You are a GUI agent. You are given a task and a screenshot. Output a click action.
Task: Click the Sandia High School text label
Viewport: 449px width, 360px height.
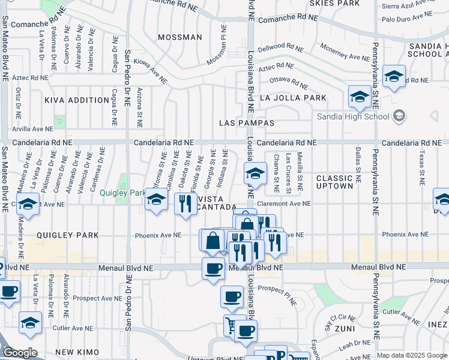point(353,116)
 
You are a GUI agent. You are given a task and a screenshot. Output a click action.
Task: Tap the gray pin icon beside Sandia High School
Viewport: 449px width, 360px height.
point(400,116)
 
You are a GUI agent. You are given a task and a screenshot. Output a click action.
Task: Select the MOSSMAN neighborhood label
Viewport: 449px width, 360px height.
point(180,37)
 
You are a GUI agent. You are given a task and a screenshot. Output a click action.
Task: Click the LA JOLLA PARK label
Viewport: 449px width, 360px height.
point(293,98)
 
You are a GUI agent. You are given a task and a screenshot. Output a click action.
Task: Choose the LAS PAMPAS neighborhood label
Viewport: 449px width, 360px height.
point(247,123)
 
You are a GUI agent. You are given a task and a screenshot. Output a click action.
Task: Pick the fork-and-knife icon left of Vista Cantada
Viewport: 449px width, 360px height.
point(184,204)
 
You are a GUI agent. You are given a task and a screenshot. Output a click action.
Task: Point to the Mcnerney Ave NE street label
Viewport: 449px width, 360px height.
point(345,52)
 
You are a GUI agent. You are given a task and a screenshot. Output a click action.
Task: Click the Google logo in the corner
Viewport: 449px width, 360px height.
point(20,353)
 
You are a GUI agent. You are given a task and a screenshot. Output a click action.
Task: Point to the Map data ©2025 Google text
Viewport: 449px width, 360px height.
point(411,355)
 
